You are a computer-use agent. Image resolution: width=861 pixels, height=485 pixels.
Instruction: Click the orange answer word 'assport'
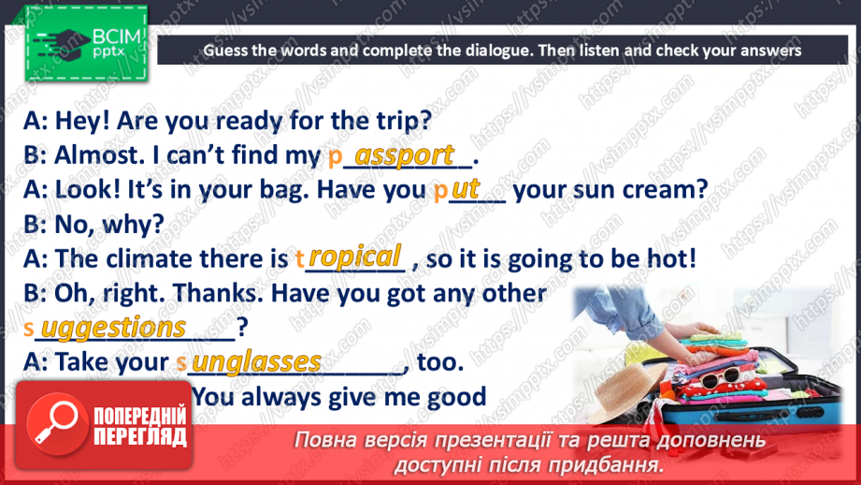[405, 154]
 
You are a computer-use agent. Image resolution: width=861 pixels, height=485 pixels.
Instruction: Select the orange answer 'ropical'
[355, 257]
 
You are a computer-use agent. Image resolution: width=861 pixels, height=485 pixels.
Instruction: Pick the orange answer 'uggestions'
[115, 328]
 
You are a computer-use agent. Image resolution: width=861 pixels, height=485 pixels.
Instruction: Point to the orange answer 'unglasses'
[249, 361]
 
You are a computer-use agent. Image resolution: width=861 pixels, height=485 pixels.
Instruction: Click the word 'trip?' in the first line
[400, 121]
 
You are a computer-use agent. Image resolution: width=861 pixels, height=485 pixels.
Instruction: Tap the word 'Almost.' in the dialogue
[96, 155]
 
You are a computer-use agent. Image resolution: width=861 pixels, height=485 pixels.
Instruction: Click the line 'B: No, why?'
[93, 224]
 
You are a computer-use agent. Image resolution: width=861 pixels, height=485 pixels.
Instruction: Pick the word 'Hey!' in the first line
[83, 121]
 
